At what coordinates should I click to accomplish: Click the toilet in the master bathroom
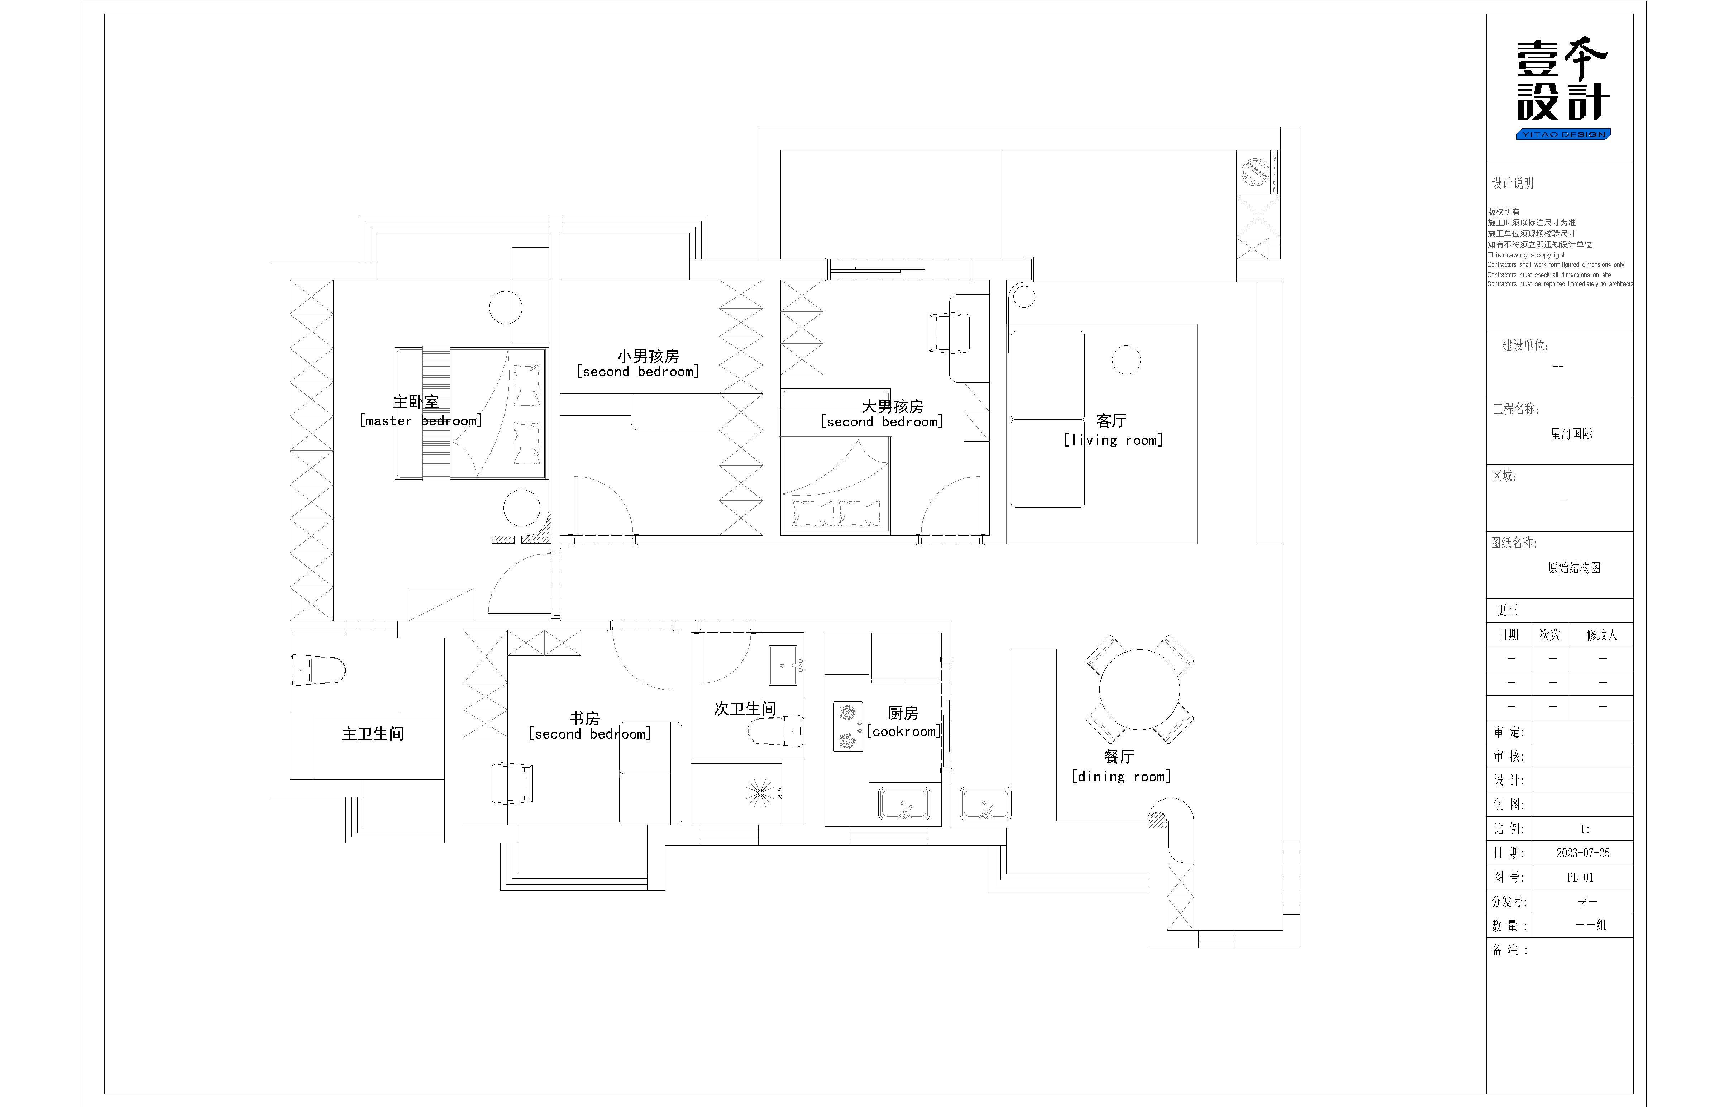(317, 670)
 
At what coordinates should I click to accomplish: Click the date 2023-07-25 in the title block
(1583, 853)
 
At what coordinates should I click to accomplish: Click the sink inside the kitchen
(904, 803)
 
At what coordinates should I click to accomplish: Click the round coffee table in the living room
(1126, 360)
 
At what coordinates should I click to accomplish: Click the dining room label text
(1120, 766)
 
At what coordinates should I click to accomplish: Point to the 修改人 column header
(1602, 635)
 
